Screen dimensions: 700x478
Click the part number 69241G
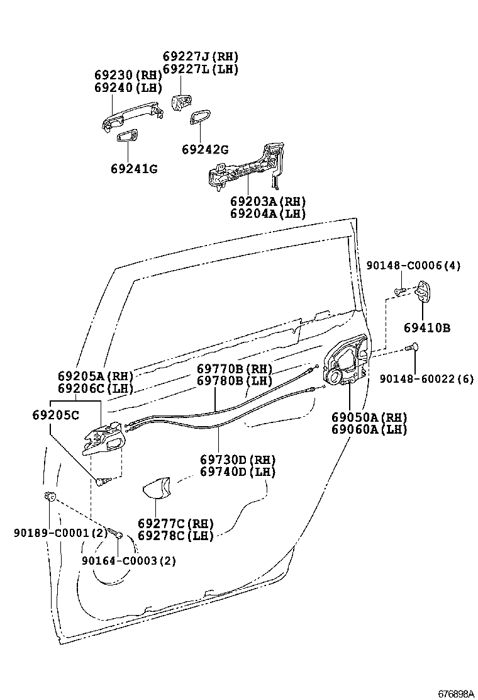[134, 169]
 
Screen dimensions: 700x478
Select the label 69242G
[204, 149]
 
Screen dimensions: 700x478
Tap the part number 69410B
[427, 328]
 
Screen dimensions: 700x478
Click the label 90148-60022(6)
[428, 378]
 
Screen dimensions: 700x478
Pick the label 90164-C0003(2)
[129, 560]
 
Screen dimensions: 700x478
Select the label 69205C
[55, 415]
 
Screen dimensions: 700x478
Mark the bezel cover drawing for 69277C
[156, 488]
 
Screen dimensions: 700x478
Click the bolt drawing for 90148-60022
[413, 346]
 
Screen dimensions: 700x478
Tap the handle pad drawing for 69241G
[128, 136]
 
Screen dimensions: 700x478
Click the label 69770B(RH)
[235, 369]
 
